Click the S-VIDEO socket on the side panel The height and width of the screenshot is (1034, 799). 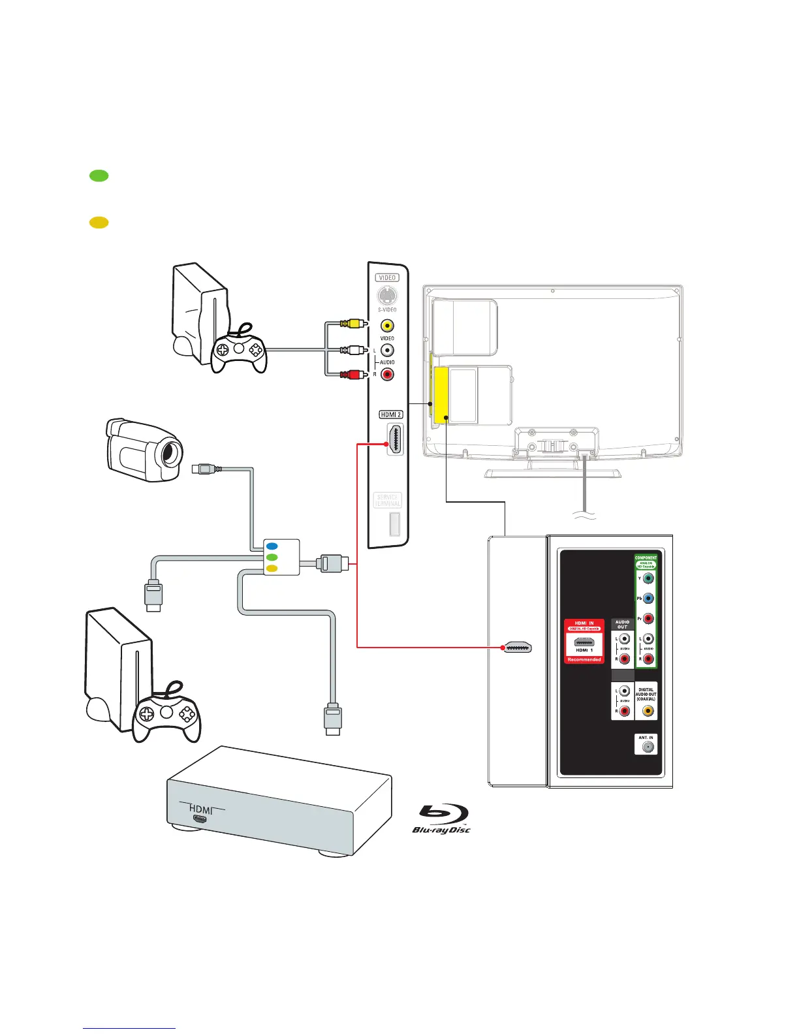(x=387, y=295)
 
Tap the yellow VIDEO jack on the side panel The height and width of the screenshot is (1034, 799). (x=387, y=325)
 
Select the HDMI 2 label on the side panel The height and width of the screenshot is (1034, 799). (x=391, y=415)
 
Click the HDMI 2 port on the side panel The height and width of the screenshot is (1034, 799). (x=395, y=439)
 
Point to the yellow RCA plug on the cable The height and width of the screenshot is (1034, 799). (x=353, y=323)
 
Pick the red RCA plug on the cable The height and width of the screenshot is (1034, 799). (x=353, y=374)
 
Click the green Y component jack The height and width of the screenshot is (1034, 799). (x=648, y=578)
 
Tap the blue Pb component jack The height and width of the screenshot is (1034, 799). (x=648, y=599)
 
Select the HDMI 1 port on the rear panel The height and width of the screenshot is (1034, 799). (x=584, y=642)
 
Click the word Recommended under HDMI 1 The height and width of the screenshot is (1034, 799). (x=584, y=659)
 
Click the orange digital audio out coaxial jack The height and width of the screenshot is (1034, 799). (x=647, y=711)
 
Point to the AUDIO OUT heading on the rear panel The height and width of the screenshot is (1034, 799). (x=622, y=625)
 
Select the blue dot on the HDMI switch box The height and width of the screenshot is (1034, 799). (x=272, y=545)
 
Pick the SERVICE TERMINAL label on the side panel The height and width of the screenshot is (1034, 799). (x=387, y=500)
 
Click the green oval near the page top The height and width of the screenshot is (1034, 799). (x=99, y=175)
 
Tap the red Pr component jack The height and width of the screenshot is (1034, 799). (x=648, y=619)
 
